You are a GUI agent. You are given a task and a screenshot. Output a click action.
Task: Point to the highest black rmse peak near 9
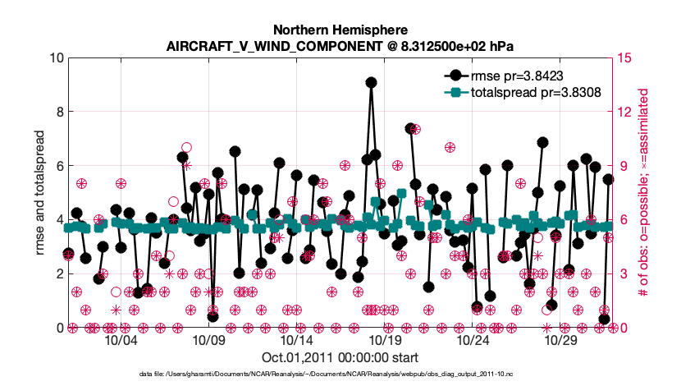tap(371, 82)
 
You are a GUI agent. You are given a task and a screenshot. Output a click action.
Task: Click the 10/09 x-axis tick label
tap(208, 340)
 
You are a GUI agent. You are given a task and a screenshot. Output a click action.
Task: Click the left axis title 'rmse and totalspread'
tap(39, 192)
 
